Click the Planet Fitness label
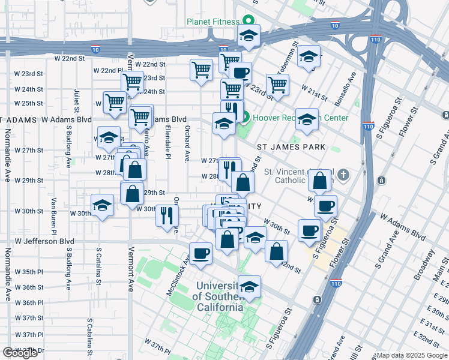(x=212, y=22)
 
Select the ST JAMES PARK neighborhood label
(x=291, y=147)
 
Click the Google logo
(x=20, y=353)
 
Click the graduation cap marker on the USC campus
(x=249, y=287)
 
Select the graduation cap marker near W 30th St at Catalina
(x=102, y=206)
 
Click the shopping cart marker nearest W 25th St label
(x=114, y=101)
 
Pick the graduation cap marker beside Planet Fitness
(x=249, y=36)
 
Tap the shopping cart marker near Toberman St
(x=277, y=85)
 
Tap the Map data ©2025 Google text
(x=411, y=355)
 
